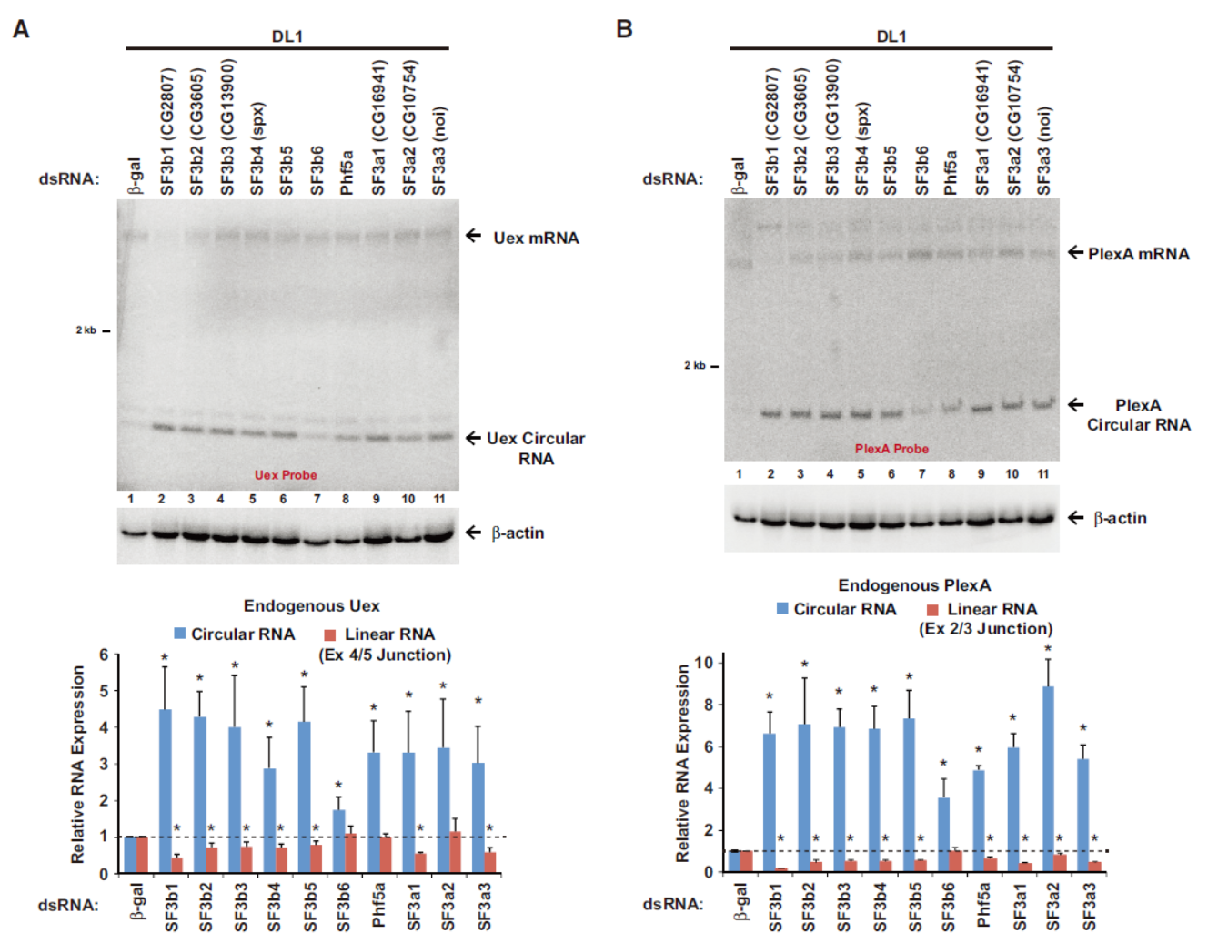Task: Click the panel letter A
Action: click(x=21, y=29)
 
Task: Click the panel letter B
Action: click(x=624, y=29)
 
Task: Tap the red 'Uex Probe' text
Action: click(x=286, y=475)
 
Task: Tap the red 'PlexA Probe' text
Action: click(x=891, y=449)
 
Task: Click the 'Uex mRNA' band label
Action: click(x=536, y=238)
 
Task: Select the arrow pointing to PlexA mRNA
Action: click(x=1075, y=252)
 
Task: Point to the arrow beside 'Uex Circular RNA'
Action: click(x=473, y=438)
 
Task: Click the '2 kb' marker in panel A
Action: click(x=86, y=330)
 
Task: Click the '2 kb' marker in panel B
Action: click(x=695, y=366)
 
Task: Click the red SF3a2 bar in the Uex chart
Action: click(x=456, y=852)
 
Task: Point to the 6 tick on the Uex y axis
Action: click(x=105, y=655)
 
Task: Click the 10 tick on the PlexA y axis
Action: click(x=703, y=662)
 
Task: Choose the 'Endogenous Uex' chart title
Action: click(x=311, y=606)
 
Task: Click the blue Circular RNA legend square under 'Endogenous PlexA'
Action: click(x=782, y=608)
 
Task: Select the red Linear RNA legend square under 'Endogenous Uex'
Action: click(x=330, y=634)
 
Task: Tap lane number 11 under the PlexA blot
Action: click(x=1042, y=473)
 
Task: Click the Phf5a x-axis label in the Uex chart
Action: click(x=379, y=907)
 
